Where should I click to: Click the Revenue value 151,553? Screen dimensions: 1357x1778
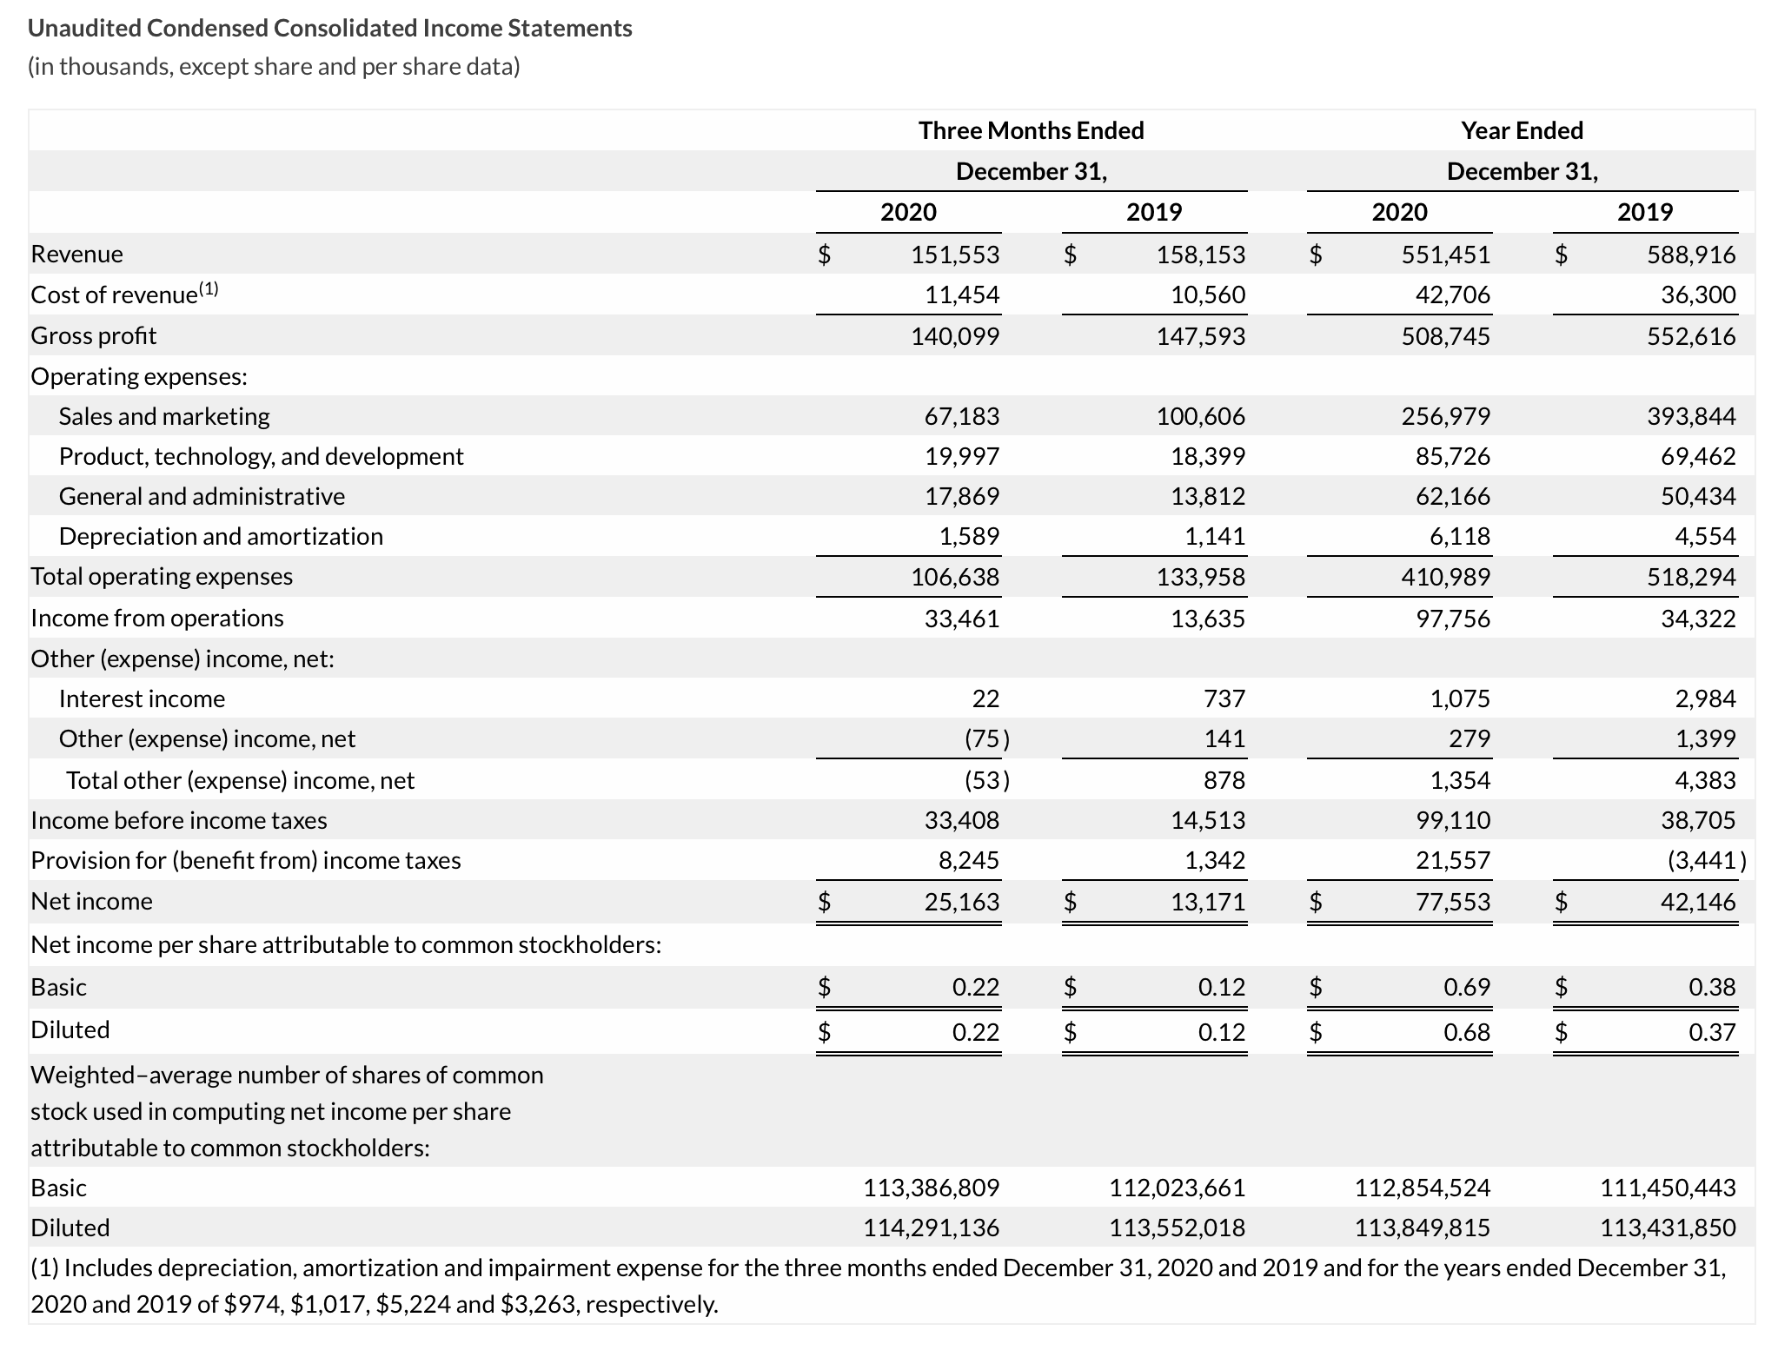click(x=954, y=255)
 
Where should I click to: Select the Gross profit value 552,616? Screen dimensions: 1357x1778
click(x=1690, y=336)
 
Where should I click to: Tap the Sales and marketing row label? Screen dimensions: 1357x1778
click(x=164, y=416)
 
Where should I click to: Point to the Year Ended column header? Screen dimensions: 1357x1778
click(x=1522, y=130)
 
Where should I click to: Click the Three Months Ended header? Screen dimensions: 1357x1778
click(x=1031, y=130)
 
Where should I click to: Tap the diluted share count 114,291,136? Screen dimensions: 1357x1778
click(x=931, y=1228)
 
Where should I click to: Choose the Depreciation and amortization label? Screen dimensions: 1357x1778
click(x=221, y=536)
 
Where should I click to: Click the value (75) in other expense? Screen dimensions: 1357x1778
click(x=986, y=738)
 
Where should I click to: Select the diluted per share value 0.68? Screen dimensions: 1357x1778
click(x=1466, y=1032)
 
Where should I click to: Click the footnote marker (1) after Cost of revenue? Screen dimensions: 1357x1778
click(x=209, y=289)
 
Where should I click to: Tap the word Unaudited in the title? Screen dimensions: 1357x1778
click(x=84, y=29)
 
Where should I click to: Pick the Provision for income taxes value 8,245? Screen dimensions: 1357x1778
click(x=968, y=860)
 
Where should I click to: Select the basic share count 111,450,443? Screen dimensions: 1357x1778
click(x=1668, y=1188)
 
